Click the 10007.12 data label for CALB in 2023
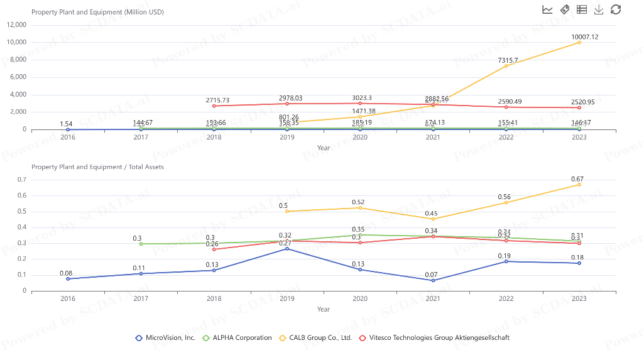(x=584, y=37)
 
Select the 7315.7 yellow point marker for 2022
(x=506, y=66)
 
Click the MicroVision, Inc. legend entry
(x=165, y=338)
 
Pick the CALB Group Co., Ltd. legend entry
(x=315, y=338)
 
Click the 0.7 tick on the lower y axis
(x=21, y=180)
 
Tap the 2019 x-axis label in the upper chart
(x=287, y=138)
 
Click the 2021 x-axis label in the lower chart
(x=433, y=298)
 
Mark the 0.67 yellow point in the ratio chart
(x=579, y=185)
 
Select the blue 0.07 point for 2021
(x=433, y=280)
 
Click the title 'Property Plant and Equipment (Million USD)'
(x=97, y=12)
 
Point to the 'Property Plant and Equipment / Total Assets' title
(x=97, y=167)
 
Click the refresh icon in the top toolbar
(x=616, y=9)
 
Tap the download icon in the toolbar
(x=599, y=9)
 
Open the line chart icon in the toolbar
(x=547, y=9)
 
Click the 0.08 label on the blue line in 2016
(x=66, y=273)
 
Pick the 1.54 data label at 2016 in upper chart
(x=66, y=124)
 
